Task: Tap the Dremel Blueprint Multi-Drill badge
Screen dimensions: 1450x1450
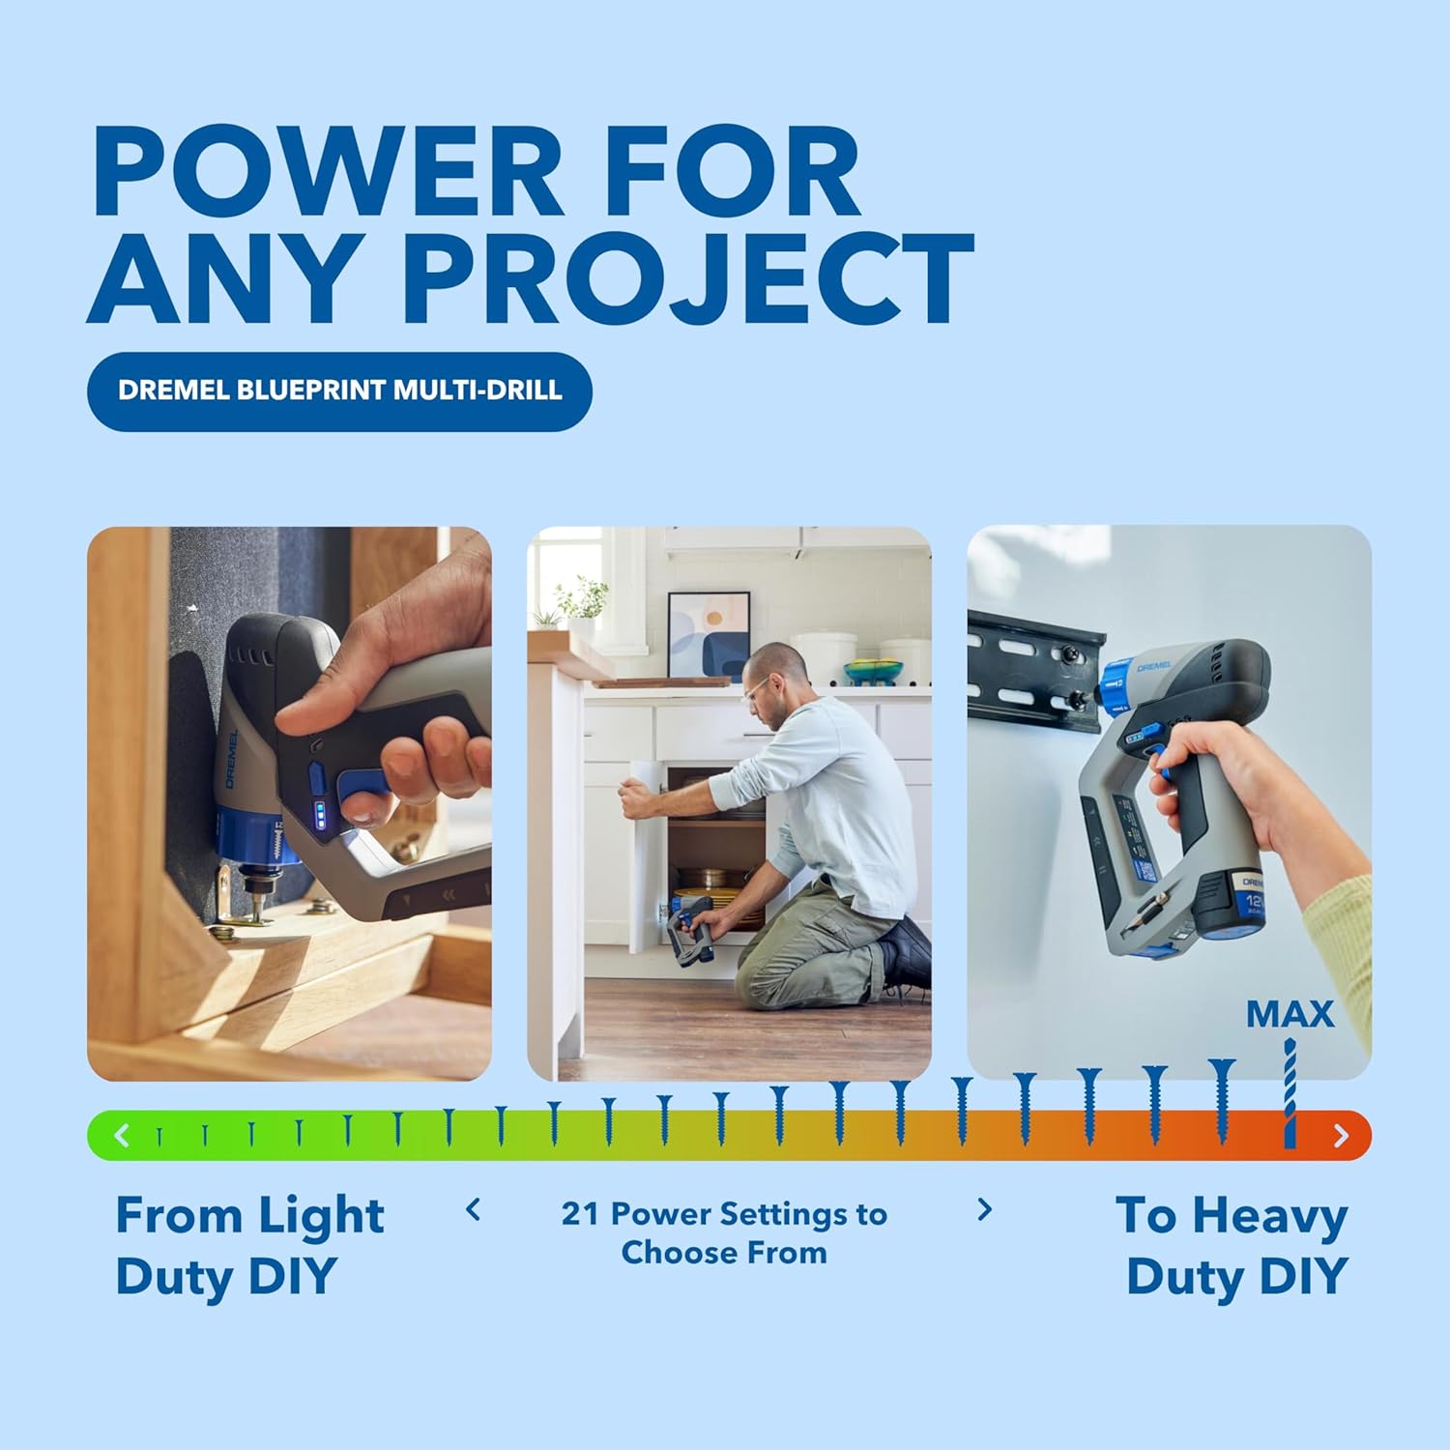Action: click(x=339, y=391)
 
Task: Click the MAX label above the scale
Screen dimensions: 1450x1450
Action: click(x=1290, y=1014)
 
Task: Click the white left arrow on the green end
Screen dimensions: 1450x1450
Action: click(x=122, y=1135)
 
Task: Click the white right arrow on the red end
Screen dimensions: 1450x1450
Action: click(x=1341, y=1135)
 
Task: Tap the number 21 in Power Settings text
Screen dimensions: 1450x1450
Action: click(x=580, y=1213)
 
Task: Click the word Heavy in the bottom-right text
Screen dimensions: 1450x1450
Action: click(x=1269, y=1216)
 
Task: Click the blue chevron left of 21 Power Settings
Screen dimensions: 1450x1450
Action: click(x=473, y=1209)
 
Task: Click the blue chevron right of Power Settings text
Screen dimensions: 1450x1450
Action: click(x=984, y=1209)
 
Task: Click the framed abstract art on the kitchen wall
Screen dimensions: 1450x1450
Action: click(x=709, y=633)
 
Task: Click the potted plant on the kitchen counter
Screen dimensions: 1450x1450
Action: click(x=582, y=604)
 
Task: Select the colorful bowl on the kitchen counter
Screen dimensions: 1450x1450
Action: click(x=872, y=669)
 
